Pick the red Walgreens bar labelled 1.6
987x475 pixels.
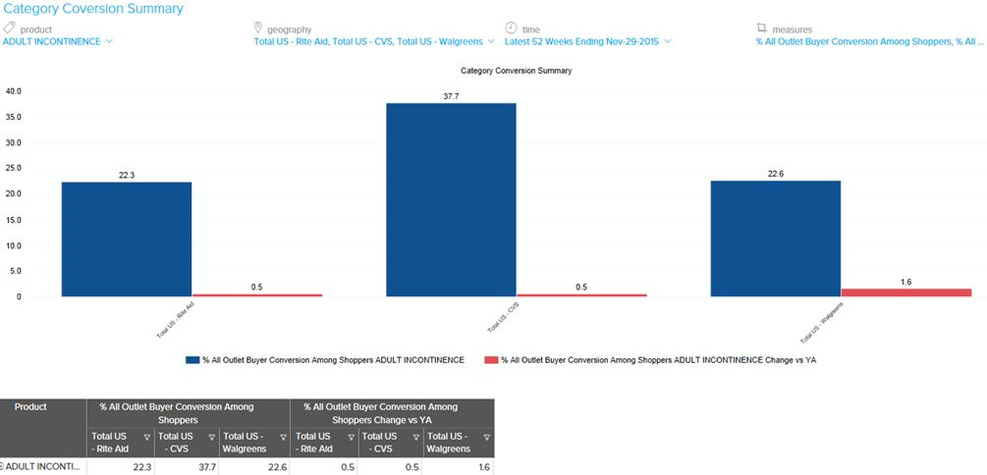(x=905, y=291)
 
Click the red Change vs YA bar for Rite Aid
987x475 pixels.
(x=256, y=294)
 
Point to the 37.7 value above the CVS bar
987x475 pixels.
(x=451, y=96)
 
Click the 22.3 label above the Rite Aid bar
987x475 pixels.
(x=126, y=175)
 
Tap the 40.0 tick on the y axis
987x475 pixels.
(x=14, y=91)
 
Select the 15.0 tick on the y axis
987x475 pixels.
(x=14, y=220)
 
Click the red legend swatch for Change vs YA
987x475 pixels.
(x=490, y=360)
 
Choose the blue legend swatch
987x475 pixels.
(x=192, y=360)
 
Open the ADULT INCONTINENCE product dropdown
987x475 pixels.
(x=57, y=41)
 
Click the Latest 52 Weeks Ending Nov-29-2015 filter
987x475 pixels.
(x=587, y=41)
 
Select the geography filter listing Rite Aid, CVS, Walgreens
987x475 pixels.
(x=373, y=41)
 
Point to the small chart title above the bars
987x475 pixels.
(x=516, y=71)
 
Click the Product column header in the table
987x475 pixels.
(x=30, y=406)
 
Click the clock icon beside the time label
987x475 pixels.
(x=511, y=28)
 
